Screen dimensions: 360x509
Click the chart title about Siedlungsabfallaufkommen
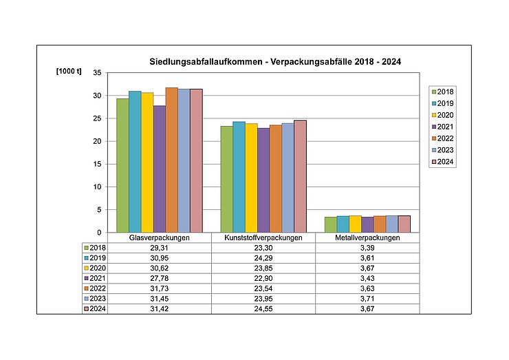(x=275, y=62)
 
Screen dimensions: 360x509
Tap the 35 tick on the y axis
(x=97, y=73)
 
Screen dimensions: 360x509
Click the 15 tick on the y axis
(x=97, y=164)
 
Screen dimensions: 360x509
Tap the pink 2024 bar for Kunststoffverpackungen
(x=300, y=176)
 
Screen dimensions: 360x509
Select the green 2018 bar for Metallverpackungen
(x=330, y=224)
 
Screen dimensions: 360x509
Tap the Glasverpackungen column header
(x=159, y=238)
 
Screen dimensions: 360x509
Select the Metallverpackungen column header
(x=367, y=238)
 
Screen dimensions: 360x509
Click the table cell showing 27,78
(x=159, y=277)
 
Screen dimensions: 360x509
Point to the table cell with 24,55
(x=263, y=309)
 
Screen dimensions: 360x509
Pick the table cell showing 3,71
(x=367, y=299)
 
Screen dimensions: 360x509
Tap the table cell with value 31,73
(x=159, y=288)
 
